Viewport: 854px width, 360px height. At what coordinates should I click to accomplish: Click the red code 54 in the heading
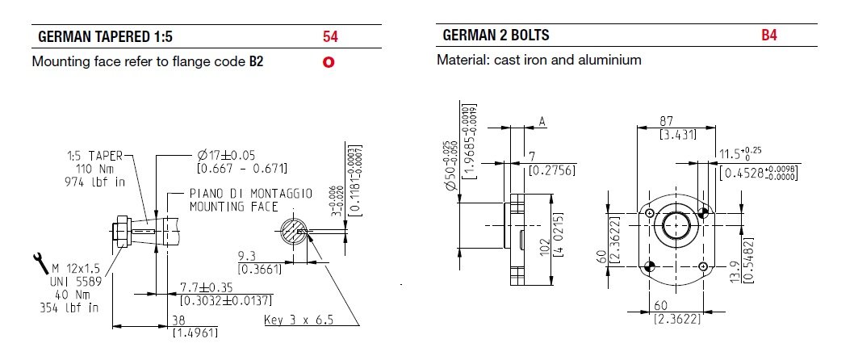point(329,36)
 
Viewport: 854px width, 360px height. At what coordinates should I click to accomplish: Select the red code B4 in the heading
point(769,36)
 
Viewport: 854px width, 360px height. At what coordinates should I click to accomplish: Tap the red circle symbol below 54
point(329,61)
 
